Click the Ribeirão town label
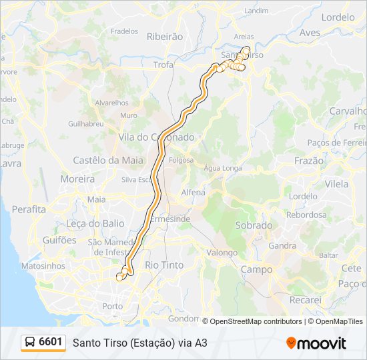pyautogui.click(x=164, y=37)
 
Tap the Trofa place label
pyautogui.click(x=163, y=65)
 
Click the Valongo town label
pyautogui.click(x=222, y=253)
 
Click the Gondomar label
pyautogui.click(x=184, y=318)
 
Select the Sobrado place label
pyautogui.click(x=254, y=225)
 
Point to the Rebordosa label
pyautogui.click(x=306, y=215)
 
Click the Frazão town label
pyautogui.click(x=308, y=161)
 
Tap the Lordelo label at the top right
pyautogui.click(x=338, y=17)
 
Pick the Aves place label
pyautogui.click(x=310, y=32)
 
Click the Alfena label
pyautogui.click(x=194, y=193)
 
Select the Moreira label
pyautogui.click(x=77, y=179)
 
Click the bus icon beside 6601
pyautogui.click(x=31, y=343)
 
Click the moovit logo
pyautogui.click(x=316, y=343)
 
